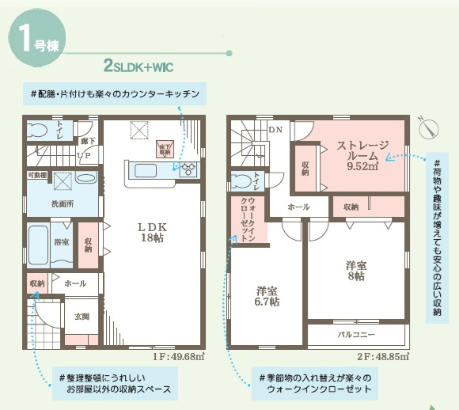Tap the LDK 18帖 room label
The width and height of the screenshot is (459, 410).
(151, 232)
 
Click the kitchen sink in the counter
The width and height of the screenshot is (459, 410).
(148, 169)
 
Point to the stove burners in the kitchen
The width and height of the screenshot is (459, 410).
(189, 169)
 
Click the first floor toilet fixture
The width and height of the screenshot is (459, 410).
(39, 131)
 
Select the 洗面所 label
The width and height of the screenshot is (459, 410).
(64, 204)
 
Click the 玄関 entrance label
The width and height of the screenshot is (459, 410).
(82, 317)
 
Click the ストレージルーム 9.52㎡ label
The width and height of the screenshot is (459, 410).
(363, 155)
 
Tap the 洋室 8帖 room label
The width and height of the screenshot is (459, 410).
(355, 271)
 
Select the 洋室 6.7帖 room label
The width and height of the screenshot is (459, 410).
(267, 295)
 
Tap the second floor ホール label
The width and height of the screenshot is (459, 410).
(298, 207)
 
